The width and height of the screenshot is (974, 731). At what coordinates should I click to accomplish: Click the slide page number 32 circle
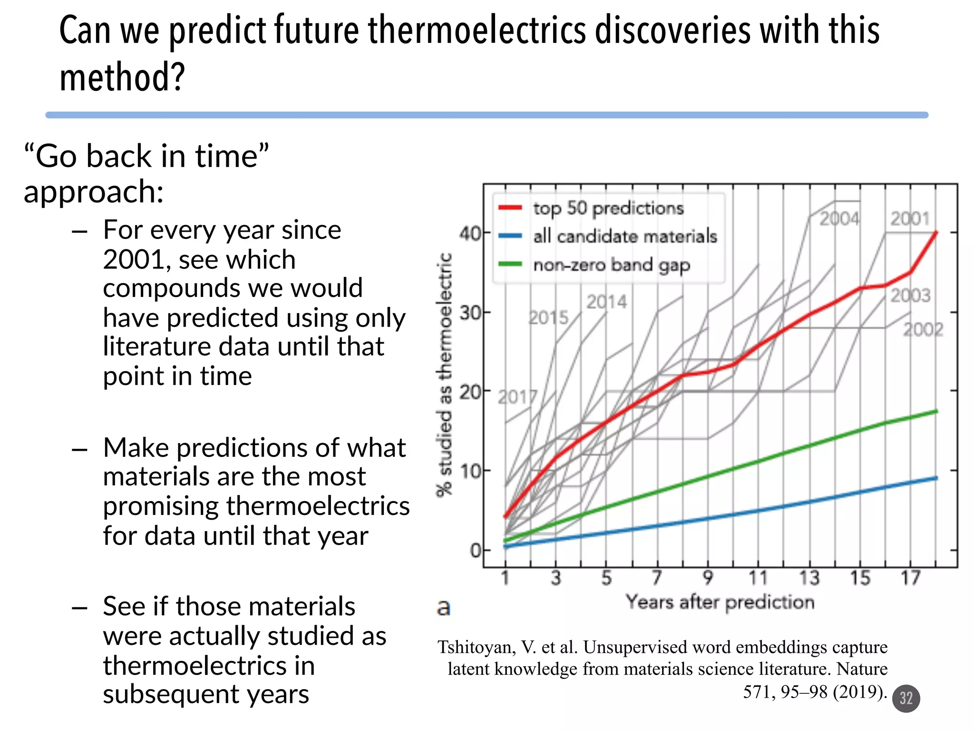[906, 698]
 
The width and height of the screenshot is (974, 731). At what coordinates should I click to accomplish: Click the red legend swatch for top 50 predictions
[510, 208]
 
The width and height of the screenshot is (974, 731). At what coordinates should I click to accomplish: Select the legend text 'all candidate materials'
[624, 237]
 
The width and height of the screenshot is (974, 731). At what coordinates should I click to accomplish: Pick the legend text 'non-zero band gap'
[611, 265]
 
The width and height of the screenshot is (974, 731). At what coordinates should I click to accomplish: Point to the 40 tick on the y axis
[470, 233]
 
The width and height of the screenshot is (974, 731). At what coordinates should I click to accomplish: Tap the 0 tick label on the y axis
[475, 551]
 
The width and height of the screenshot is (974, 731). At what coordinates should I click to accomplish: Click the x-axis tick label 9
[708, 578]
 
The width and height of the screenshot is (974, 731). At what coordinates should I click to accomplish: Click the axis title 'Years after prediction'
[720, 603]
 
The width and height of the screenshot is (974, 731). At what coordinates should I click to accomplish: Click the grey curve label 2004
[839, 219]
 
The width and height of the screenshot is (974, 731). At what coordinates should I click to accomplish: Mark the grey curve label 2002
[923, 329]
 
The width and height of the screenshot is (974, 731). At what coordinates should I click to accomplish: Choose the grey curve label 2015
[548, 317]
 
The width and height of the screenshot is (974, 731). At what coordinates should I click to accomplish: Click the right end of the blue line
[936, 478]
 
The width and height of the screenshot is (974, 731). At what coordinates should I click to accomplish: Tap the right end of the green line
[936, 411]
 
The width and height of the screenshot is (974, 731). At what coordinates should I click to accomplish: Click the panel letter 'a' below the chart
[443, 607]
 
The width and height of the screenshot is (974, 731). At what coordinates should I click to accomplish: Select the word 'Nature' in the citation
[862, 669]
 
